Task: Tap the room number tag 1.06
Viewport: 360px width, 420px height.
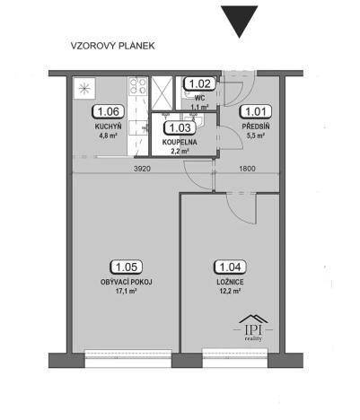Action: (109, 113)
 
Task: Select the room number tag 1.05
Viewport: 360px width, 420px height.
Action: (126, 267)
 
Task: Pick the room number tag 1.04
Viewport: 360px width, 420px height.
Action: (228, 267)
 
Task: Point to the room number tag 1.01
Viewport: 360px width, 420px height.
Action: (256, 112)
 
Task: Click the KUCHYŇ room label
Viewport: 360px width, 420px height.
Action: (109, 128)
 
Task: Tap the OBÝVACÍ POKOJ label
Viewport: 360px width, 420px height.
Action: (126, 282)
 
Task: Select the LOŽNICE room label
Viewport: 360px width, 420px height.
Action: (228, 282)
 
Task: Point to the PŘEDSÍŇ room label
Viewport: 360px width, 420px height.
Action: (256, 127)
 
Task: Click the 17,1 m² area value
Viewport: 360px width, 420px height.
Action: (126, 293)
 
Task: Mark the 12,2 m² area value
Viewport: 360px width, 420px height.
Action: (228, 293)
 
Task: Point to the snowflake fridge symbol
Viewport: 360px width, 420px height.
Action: (85, 89)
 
